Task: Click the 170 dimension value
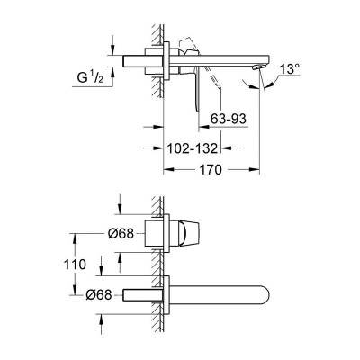point(211,170)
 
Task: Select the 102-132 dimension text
point(192,148)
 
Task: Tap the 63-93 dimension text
point(228,119)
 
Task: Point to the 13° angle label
point(289,70)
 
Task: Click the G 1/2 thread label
point(90,78)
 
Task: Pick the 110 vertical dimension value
point(75,265)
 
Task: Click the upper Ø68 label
point(121,234)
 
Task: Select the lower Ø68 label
point(99,295)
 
